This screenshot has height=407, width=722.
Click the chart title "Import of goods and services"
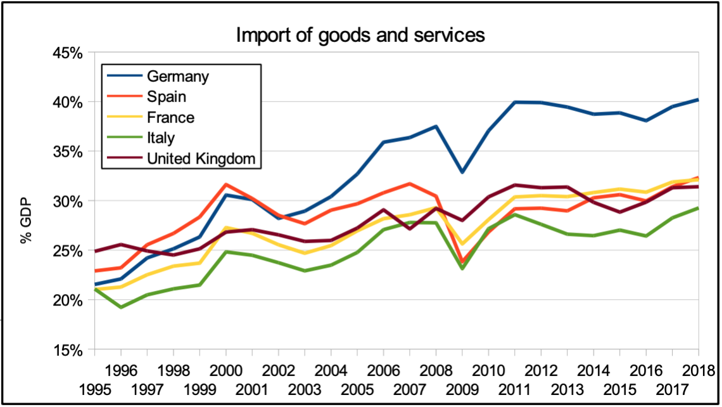pyautogui.click(x=360, y=35)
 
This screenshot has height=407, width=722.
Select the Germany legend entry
pyautogui.click(x=178, y=77)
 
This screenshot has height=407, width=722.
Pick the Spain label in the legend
pyautogui.click(x=167, y=97)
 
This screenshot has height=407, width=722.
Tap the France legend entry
pyautogui.click(x=170, y=117)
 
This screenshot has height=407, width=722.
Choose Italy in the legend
pyautogui.click(x=161, y=138)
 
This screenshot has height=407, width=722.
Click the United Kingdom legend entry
pyautogui.click(x=201, y=158)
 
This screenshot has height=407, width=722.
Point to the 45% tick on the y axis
pyautogui.click(x=67, y=53)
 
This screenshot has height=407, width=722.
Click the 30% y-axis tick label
pyautogui.click(x=67, y=201)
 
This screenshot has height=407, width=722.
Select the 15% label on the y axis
pyautogui.click(x=67, y=349)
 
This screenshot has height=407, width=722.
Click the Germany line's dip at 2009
pyautogui.click(x=462, y=172)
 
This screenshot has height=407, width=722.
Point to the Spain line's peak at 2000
pyautogui.click(x=225, y=184)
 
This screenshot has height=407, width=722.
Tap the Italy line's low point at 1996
pyautogui.click(x=120, y=307)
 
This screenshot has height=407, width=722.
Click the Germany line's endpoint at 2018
pyautogui.click(x=699, y=100)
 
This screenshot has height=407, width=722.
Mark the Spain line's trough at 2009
pyautogui.click(x=462, y=261)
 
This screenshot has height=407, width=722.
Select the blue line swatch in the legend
pyautogui.click(x=125, y=77)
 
